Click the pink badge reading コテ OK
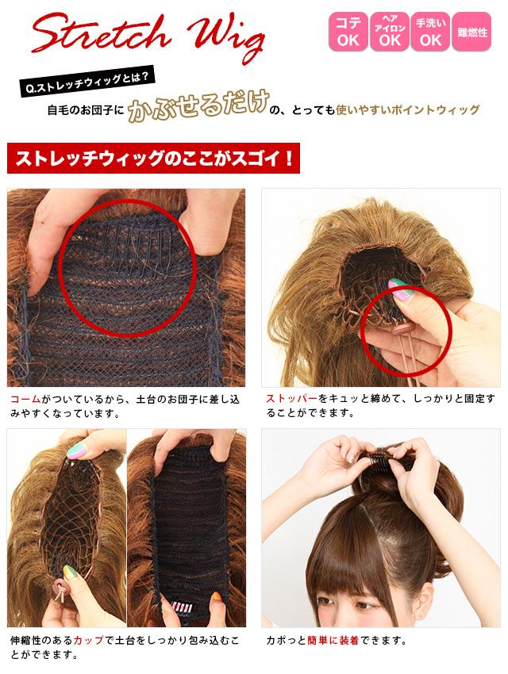tap(348, 32)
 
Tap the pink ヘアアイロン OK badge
tap(389, 32)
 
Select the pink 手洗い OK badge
tap(430, 32)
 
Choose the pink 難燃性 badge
tap(471, 32)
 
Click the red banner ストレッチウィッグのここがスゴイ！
tap(153, 158)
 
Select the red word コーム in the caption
tap(26, 400)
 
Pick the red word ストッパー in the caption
tap(291, 399)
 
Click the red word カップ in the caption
tap(88, 640)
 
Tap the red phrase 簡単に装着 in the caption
tap(333, 640)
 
